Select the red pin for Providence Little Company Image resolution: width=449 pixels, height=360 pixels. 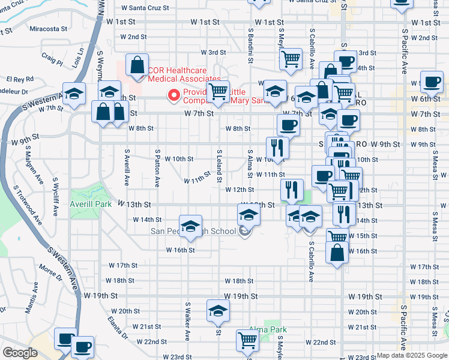pyautogui.click(x=174, y=95)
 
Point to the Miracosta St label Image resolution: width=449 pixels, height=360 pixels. pyautogui.click(x=44, y=29)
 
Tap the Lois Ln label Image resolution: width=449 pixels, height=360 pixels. pyautogui.click(x=77, y=58)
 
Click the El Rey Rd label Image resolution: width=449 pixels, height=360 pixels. pyautogui.click(x=20, y=79)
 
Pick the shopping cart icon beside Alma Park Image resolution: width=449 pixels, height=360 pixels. pyautogui.click(x=248, y=340)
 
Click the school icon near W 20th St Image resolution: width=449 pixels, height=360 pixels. pyautogui.click(x=217, y=311)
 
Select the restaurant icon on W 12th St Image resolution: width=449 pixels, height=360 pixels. pyautogui.click(x=291, y=190)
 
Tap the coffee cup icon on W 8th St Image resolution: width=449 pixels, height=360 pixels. pyautogui.click(x=288, y=125)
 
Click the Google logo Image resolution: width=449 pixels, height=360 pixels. pyautogui.click(x=20, y=353)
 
